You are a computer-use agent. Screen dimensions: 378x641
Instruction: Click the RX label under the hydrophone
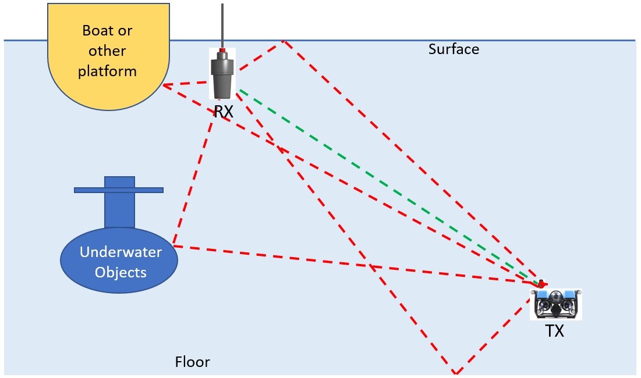point(224,111)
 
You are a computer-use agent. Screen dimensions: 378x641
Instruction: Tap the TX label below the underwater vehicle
point(554,331)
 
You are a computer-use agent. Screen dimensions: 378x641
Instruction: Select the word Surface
point(454,49)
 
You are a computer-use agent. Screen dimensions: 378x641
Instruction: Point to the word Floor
point(192,362)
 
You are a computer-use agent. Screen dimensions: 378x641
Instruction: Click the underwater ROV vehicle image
point(556,304)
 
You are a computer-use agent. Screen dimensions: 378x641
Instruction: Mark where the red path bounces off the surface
point(284,41)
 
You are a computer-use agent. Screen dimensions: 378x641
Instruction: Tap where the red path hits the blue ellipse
point(173,246)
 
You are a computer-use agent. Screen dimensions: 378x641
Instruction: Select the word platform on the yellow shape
point(107,72)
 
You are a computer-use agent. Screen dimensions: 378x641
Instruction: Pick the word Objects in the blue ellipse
point(121,272)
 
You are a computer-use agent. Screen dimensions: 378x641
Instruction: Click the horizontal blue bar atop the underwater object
point(119,190)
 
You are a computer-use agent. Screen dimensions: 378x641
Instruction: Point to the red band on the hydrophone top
point(222,51)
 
